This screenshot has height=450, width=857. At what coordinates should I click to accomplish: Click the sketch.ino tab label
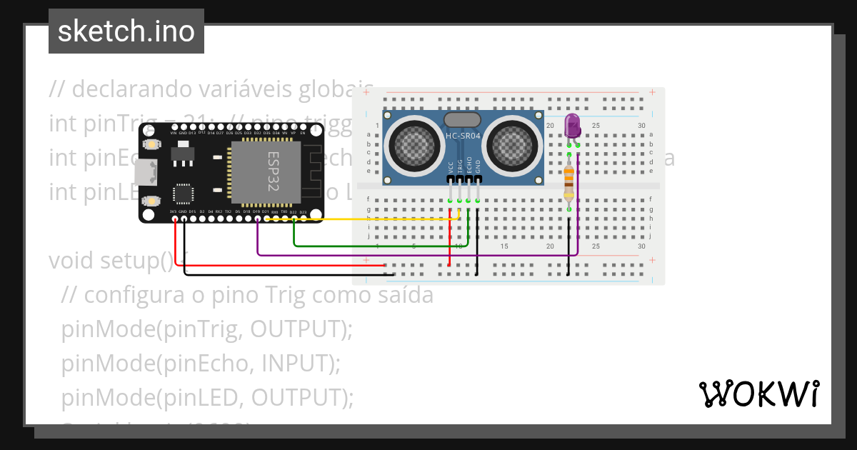pos(126,31)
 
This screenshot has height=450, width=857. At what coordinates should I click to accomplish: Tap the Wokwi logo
pos(758,394)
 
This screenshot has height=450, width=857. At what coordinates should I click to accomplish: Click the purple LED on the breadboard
pos(573,126)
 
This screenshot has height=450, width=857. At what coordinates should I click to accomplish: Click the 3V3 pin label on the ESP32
pos(174,212)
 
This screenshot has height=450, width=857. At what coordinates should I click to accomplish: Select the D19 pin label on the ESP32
pos(256,212)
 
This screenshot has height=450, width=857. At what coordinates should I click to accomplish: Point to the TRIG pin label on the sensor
pos(459,166)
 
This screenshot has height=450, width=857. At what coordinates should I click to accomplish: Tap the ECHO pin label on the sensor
pos(468,166)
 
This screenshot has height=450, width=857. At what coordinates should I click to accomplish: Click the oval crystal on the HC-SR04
pos(461,120)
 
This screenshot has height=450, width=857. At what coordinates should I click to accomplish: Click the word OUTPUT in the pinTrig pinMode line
pos(298,329)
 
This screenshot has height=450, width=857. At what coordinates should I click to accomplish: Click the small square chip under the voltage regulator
pos(184,194)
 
